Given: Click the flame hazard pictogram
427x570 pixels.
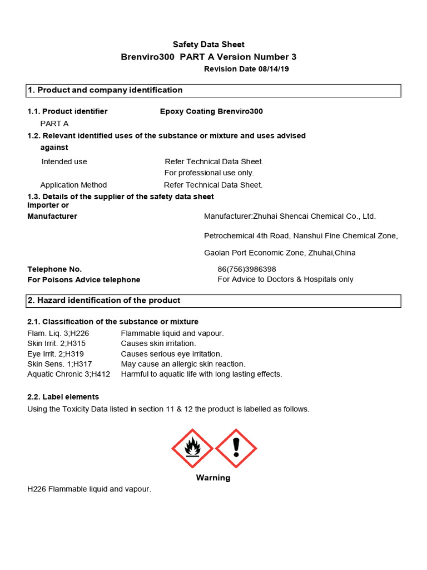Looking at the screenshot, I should click(x=192, y=448).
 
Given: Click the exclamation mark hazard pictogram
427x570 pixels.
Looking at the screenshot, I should click(x=236, y=448).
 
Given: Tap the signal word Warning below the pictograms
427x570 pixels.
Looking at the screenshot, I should click(x=213, y=478).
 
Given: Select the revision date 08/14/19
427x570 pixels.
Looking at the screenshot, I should click(x=246, y=69).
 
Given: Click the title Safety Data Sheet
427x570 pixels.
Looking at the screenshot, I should click(x=208, y=45).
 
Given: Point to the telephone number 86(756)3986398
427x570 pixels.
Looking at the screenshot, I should click(x=247, y=269).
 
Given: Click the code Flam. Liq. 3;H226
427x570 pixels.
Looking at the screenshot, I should click(x=58, y=333).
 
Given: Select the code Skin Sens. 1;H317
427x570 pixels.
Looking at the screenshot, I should click(x=59, y=364).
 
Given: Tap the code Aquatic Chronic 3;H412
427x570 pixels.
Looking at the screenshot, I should click(x=69, y=374).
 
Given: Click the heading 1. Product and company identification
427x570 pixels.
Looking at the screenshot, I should click(x=105, y=90).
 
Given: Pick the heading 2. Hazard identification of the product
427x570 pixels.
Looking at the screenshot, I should click(x=104, y=301).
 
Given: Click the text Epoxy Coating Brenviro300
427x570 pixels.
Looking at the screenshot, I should click(x=211, y=111).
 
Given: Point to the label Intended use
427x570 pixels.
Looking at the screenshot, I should click(x=64, y=161).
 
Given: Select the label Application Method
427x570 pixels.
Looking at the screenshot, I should click(x=73, y=185).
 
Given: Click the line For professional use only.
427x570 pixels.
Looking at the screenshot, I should click(x=209, y=173).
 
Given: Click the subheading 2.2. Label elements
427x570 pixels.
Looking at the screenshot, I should click(x=63, y=397).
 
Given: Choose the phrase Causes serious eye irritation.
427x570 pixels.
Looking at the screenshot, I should click(x=171, y=354).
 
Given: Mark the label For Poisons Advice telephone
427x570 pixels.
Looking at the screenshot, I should click(x=84, y=279).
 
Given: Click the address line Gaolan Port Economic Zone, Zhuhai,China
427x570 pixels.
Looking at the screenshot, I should click(x=280, y=253).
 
